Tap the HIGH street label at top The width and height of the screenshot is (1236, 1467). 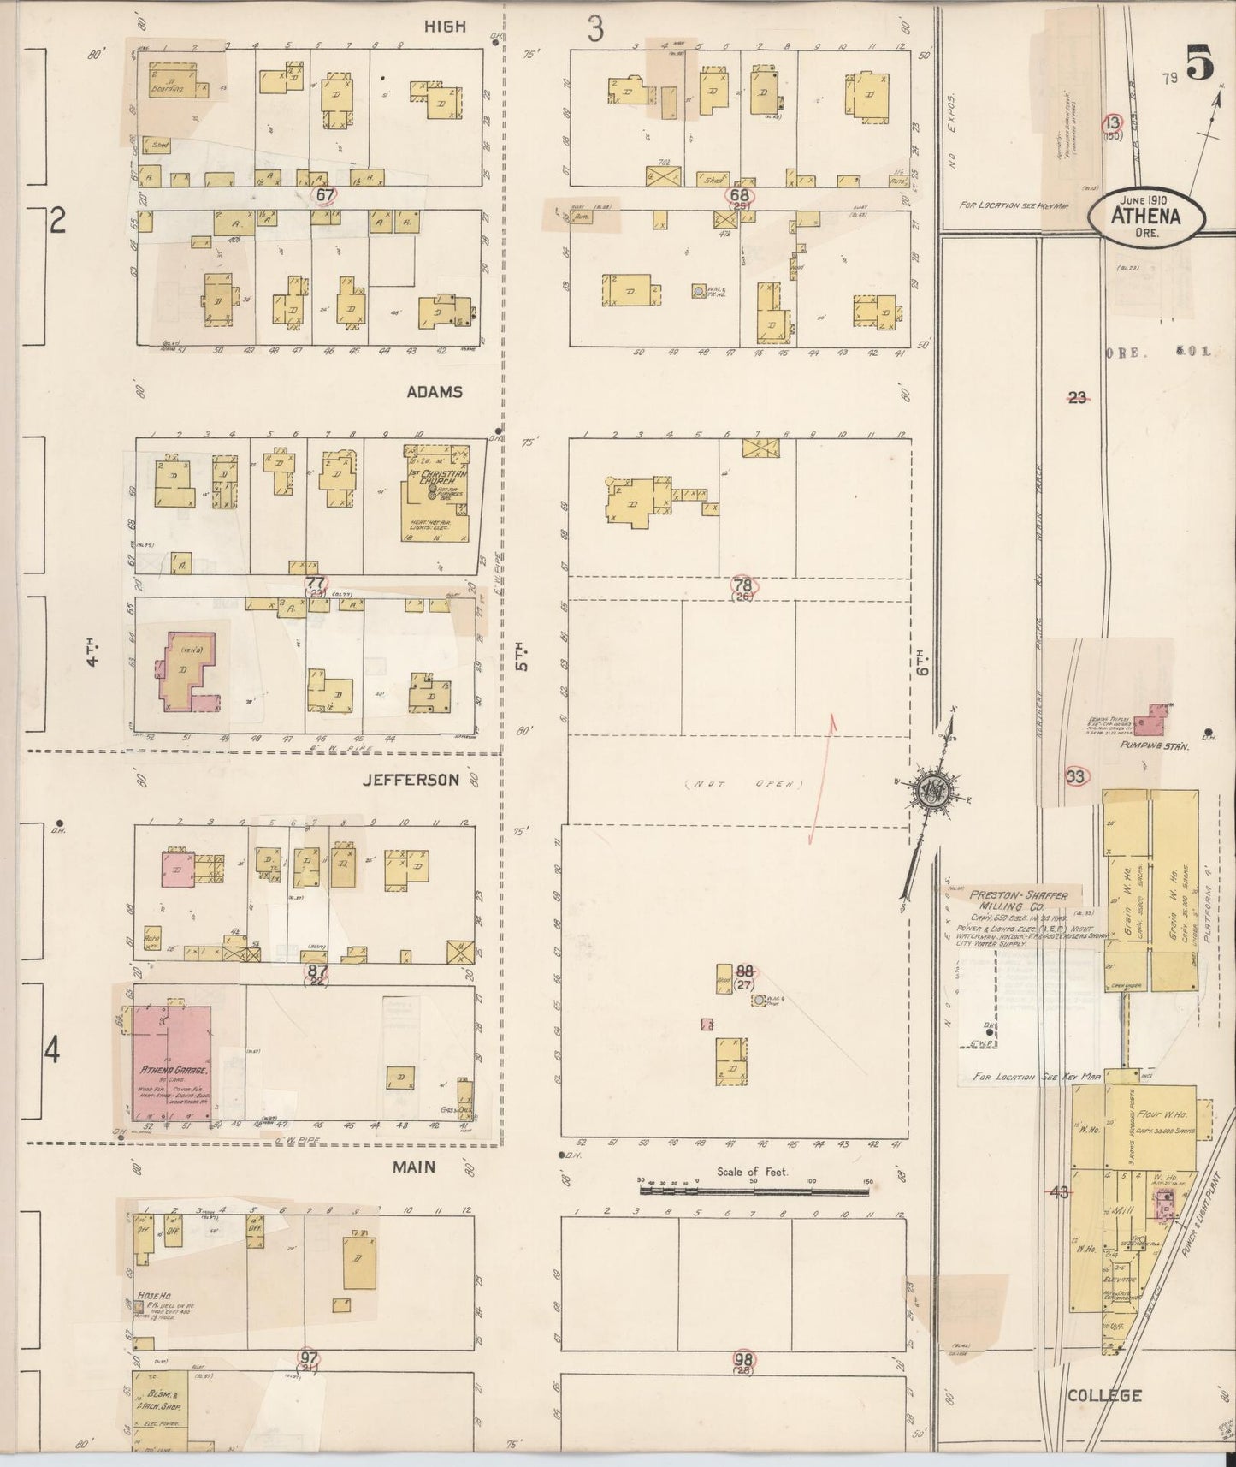tap(445, 27)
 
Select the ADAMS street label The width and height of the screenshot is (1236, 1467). tap(435, 392)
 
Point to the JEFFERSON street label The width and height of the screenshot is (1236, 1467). tap(410, 780)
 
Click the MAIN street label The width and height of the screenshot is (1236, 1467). tap(414, 1167)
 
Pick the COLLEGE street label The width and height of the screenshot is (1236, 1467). tap(1104, 1395)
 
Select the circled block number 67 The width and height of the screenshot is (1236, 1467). tap(324, 194)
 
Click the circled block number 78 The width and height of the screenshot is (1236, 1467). tap(743, 585)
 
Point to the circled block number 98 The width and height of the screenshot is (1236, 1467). tap(743, 1357)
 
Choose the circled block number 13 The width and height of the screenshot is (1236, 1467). tap(1112, 122)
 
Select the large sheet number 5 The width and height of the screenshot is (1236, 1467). tap(1199, 65)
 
